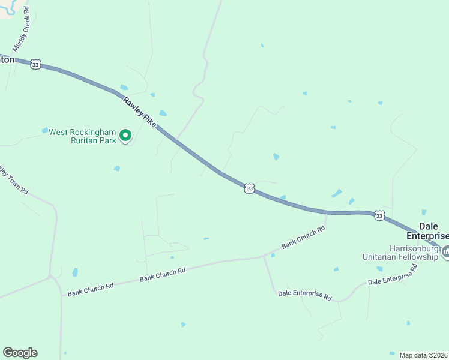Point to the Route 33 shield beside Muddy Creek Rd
(36, 65)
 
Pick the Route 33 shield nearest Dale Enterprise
(379, 215)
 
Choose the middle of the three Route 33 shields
(249, 188)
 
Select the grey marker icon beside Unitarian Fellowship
(445, 253)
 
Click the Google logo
(20, 353)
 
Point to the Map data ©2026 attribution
(424, 355)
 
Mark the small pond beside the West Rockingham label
(44, 130)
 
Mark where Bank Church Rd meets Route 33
(327, 213)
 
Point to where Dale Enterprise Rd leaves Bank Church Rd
(264, 257)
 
